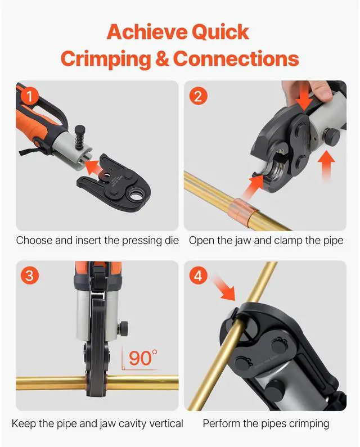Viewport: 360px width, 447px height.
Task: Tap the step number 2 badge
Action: click(197, 96)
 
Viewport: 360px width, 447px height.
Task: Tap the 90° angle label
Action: click(143, 357)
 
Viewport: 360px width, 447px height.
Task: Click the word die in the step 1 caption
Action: click(171, 241)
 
